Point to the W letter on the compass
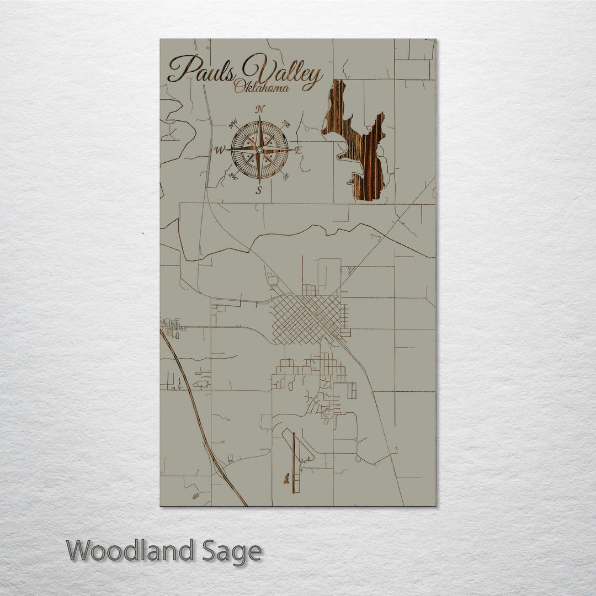pos(219,150)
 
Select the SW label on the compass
pos(233,177)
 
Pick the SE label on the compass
pos(285,177)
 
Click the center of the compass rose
pos(259,150)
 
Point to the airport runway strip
pos(294,462)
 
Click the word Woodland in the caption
pos(138,551)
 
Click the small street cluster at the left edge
pos(172,327)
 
